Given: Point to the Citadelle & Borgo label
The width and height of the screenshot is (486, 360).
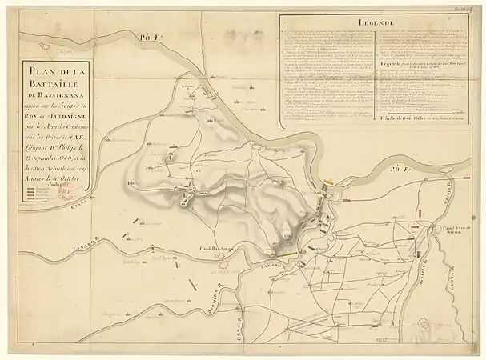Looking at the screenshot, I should [215, 249].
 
